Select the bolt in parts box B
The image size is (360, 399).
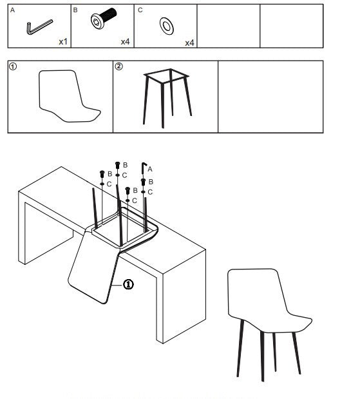(x=104, y=18)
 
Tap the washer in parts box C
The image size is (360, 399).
(x=167, y=26)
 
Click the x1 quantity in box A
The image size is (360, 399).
(x=63, y=41)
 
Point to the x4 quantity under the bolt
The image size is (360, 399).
(x=125, y=41)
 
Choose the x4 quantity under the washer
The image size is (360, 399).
(x=189, y=43)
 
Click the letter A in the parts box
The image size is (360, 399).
(x=12, y=10)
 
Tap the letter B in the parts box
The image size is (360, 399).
(x=75, y=10)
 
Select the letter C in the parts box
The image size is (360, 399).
(x=140, y=10)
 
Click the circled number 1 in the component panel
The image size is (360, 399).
(x=13, y=66)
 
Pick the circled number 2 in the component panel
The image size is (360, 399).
(x=118, y=66)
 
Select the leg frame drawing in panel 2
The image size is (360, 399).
(x=166, y=98)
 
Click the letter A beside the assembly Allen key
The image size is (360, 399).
(x=150, y=169)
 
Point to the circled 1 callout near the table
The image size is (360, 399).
(x=128, y=284)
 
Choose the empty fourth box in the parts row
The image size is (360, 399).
(x=229, y=26)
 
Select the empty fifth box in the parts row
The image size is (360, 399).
(x=292, y=26)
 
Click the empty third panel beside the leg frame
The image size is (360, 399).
(x=270, y=97)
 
